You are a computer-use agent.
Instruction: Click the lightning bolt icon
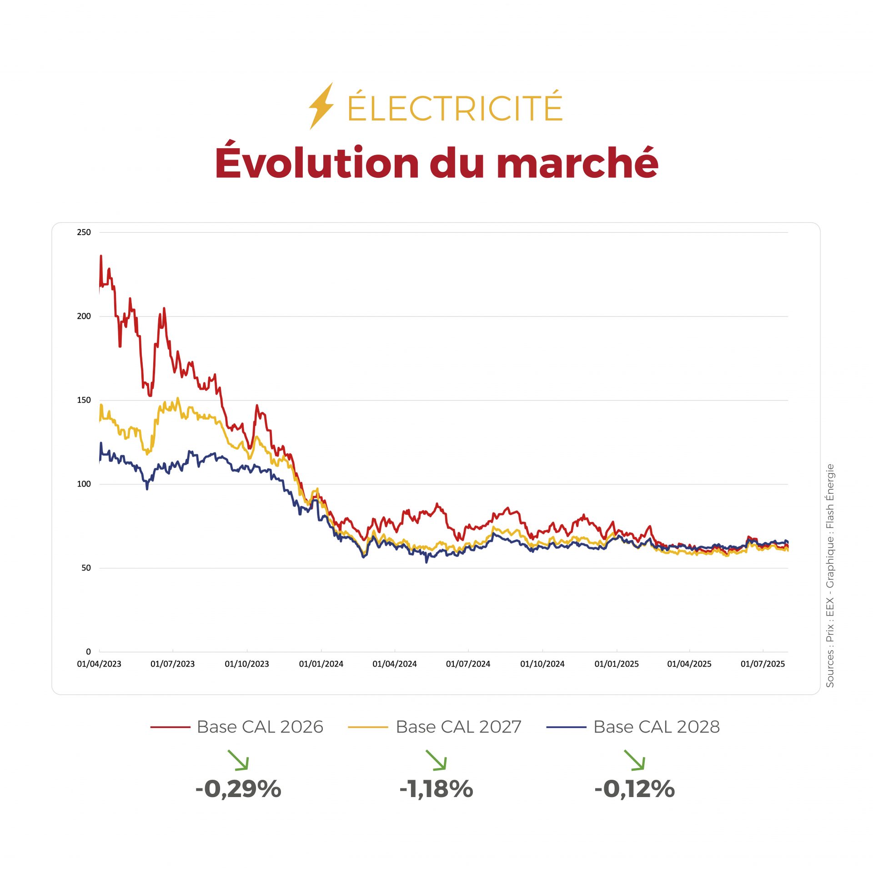[x=321, y=106]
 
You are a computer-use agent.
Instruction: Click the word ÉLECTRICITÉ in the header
[x=455, y=108]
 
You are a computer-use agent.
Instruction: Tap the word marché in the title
[x=577, y=163]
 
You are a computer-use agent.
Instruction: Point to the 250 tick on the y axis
[x=84, y=232]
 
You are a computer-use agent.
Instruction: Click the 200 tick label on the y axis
[x=84, y=316]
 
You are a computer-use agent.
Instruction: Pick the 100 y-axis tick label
[x=84, y=484]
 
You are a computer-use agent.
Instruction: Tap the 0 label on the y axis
[x=88, y=652]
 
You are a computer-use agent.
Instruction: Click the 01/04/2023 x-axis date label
[x=99, y=664]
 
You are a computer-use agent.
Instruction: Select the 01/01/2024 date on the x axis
[x=321, y=664]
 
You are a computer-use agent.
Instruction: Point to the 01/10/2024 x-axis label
[x=542, y=664]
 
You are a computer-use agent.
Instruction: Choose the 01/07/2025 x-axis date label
[x=763, y=664]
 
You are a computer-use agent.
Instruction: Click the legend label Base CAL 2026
[x=260, y=727]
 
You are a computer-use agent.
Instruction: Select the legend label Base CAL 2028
[x=657, y=727]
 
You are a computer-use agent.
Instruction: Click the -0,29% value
[x=238, y=789]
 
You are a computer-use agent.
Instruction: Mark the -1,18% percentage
[x=436, y=789]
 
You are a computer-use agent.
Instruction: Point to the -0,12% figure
[x=634, y=789]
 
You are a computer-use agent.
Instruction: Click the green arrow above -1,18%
[x=436, y=760]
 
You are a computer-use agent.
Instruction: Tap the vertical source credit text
[x=830, y=575]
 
